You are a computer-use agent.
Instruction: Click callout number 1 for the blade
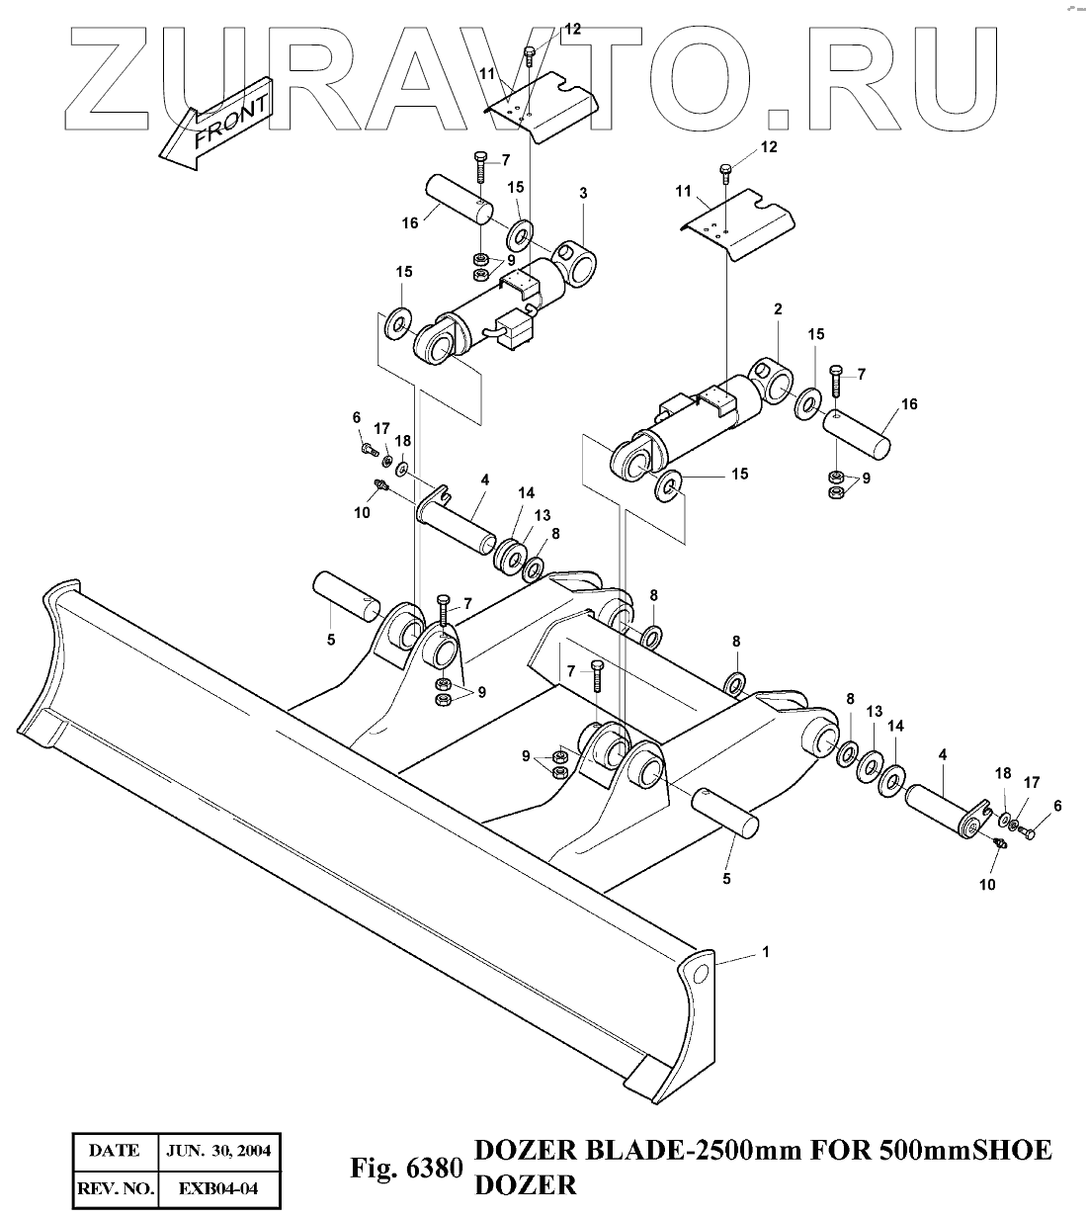[765, 951]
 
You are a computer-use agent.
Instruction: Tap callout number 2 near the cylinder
[778, 309]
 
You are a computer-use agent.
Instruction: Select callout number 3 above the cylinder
[583, 194]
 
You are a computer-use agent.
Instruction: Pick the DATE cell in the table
[114, 1151]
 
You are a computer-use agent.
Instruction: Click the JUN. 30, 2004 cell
[219, 1151]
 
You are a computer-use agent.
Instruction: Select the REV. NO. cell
[114, 1187]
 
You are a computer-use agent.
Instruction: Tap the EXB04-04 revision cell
[219, 1187]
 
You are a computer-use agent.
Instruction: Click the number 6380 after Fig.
[434, 1170]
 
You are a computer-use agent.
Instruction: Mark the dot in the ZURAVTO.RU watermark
[780, 119]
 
